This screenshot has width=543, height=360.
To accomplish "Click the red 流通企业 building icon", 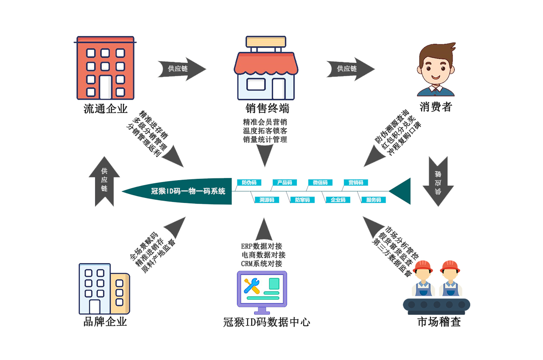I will point(105,68).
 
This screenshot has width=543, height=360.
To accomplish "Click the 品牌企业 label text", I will point(105,322).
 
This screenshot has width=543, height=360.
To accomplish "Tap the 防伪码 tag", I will point(249,182).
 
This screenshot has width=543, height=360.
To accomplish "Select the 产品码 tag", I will point(285,182).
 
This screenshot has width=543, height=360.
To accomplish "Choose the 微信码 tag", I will point(320,182).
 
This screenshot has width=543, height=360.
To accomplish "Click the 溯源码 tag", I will point(267,200).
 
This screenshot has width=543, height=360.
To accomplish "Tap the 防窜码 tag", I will point(302,200).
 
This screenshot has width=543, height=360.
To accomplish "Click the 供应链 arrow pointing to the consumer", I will point(349,69).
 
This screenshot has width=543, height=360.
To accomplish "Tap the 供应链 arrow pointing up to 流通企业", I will point(105,181).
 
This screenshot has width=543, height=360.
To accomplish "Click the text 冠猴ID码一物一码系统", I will point(188,191).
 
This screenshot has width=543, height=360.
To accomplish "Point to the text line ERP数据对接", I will point(262,246).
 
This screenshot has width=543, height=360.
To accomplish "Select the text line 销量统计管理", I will point(265,139).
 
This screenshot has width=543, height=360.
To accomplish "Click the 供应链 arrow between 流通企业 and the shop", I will point(180,69).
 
